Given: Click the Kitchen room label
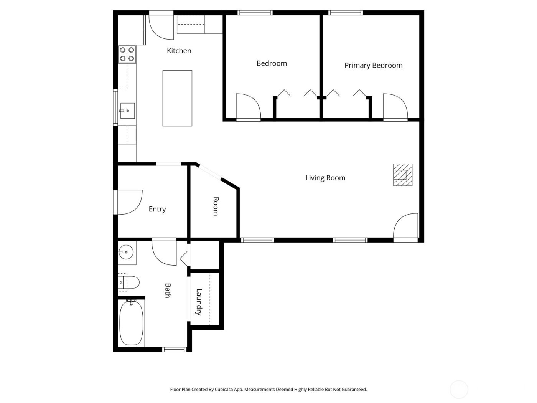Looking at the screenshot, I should [179, 51].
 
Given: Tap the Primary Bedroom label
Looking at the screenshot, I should [373, 66].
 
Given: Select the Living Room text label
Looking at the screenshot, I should [325, 178].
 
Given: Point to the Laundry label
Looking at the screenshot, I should [199, 302].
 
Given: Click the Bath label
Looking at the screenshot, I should [168, 290].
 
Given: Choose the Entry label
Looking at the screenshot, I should [157, 209].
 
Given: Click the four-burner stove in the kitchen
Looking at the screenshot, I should [127, 54].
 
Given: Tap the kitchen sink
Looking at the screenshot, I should [127, 111].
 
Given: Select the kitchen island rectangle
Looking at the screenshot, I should [177, 98].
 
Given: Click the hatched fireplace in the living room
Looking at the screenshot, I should [402, 175].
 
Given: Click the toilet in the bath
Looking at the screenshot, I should [130, 282].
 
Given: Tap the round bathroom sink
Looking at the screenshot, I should [126, 253].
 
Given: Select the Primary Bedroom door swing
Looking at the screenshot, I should [394, 107].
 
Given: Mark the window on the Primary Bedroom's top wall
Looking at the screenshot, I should [346, 13].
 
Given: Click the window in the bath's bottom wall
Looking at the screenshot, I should [174, 349].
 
